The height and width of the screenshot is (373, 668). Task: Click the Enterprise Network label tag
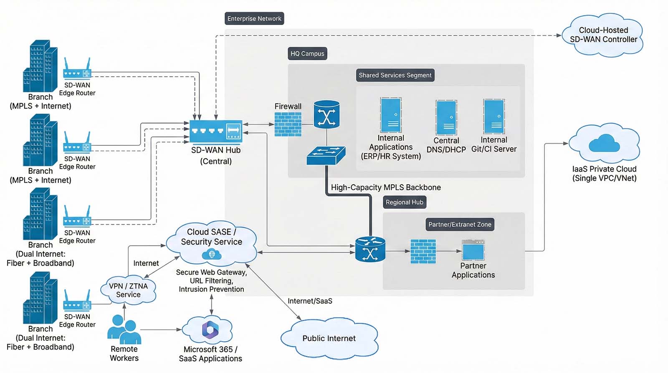(x=254, y=19)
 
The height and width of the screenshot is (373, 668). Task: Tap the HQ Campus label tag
(x=307, y=53)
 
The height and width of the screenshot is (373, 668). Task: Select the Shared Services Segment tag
(x=395, y=75)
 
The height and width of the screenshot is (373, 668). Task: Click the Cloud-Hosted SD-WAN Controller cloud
(x=603, y=35)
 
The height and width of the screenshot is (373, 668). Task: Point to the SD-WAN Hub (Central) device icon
(x=216, y=131)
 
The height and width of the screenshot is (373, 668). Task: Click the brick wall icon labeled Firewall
(x=288, y=124)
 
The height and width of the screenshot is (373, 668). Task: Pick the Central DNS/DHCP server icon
(x=446, y=117)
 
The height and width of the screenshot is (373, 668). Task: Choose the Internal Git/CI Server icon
(x=494, y=117)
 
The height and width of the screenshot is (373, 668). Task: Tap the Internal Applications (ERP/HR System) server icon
(x=391, y=115)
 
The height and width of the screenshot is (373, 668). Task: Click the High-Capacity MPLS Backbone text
(x=386, y=188)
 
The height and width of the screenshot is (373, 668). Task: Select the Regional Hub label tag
(x=404, y=202)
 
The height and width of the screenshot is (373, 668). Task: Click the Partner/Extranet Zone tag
(x=460, y=224)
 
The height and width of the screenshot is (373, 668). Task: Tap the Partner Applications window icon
(x=473, y=250)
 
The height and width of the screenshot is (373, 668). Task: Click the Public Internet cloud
(x=329, y=338)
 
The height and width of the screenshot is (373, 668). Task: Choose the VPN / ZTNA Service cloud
(x=128, y=290)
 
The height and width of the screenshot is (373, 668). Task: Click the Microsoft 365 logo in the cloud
(x=210, y=330)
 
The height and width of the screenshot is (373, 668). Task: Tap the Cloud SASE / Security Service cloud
(x=211, y=242)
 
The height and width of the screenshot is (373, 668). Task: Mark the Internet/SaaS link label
(x=310, y=301)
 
